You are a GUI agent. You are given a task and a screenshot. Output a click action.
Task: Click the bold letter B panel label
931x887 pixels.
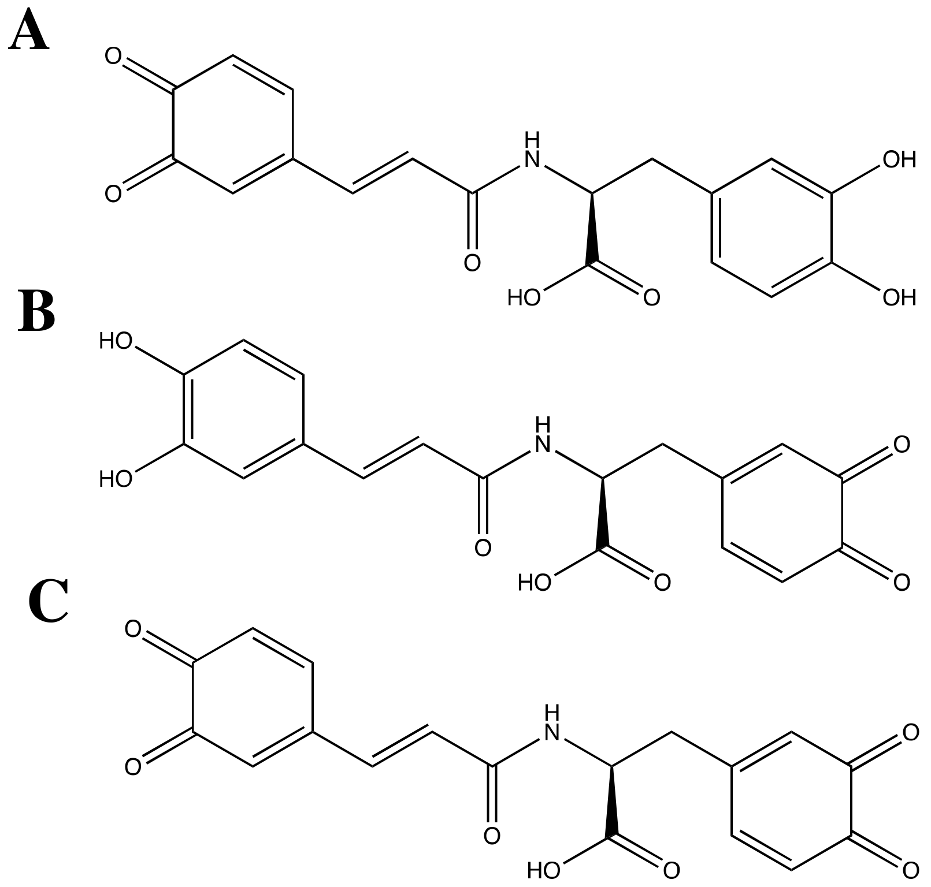[36, 312]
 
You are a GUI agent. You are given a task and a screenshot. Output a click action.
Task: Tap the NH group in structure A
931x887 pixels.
[532, 151]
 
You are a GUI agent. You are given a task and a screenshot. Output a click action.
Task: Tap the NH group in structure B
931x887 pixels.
[543, 437]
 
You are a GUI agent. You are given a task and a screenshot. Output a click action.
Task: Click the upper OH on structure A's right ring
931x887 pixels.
[899, 160]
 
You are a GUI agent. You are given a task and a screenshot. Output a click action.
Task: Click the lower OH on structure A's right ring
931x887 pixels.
[899, 298]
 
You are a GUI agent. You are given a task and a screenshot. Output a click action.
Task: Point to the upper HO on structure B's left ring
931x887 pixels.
[116, 341]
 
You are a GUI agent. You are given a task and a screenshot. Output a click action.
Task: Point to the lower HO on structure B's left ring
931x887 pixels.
[116, 479]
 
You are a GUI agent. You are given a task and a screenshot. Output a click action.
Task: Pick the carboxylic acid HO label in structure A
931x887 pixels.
[524, 298]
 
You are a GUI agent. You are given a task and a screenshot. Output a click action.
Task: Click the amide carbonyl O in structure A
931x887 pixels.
[472, 263]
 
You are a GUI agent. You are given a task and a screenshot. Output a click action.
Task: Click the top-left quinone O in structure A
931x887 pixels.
[113, 57]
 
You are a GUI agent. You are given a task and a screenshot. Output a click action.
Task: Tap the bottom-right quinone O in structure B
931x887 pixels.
[902, 583]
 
